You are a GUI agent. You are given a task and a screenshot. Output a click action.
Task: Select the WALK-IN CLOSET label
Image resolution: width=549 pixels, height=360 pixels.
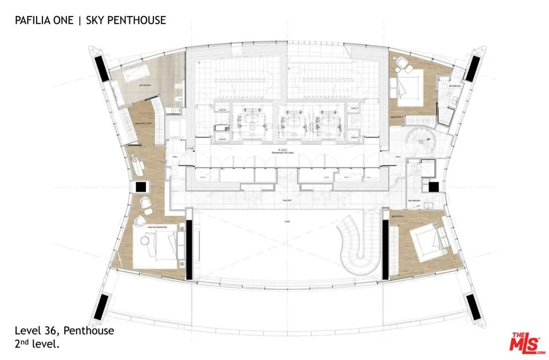(x=143, y=123)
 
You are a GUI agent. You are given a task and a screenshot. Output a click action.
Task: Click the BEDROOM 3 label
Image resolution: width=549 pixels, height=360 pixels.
(x=397, y=116)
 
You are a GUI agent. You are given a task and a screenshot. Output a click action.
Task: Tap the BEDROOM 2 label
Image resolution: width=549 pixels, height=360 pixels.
(x=397, y=215)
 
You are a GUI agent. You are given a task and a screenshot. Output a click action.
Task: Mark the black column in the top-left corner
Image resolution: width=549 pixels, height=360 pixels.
(x=101, y=68)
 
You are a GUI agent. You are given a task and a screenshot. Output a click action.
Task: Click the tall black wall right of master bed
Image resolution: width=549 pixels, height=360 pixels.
(x=188, y=250)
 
